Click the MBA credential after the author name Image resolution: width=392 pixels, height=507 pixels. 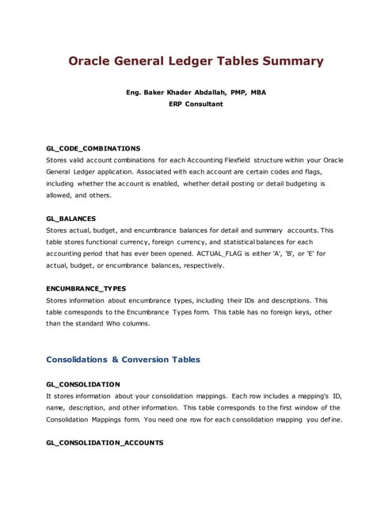[x=258, y=92]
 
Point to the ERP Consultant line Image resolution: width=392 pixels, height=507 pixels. [x=196, y=104]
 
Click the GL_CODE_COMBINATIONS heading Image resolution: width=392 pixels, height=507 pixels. [x=93, y=148]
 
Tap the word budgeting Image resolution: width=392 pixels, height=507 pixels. [x=297, y=183]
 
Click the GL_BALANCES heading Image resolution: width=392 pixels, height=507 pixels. [x=71, y=218]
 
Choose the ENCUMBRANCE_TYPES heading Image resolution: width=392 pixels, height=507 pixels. [x=86, y=288]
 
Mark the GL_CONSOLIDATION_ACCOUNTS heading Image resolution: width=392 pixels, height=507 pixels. [x=105, y=443]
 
